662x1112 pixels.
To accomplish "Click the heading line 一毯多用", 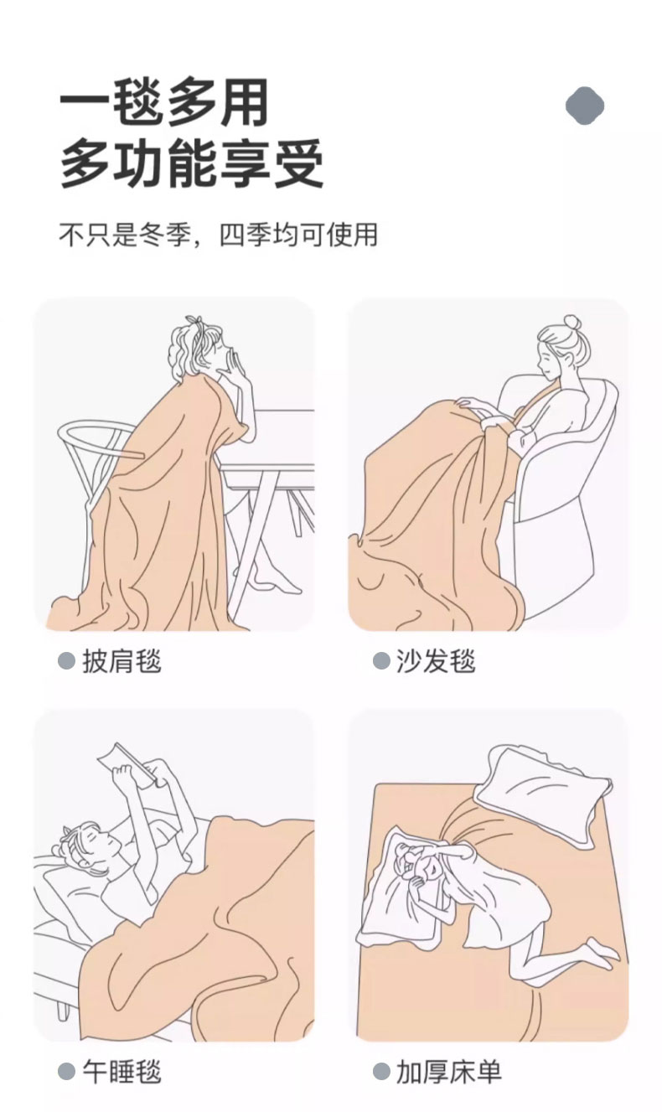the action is pyautogui.click(x=163, y=104).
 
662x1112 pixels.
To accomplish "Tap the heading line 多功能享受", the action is pyautogui.click(x=192, y=163).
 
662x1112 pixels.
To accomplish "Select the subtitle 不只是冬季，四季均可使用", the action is pyautogui.click(x=219, y=235).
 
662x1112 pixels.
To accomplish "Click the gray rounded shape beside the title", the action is pyautogui.click(x=585, y=106).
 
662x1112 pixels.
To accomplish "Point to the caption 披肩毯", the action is pyautogui.click(x=122, y=661).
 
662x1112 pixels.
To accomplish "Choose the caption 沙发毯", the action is pyautogui.click(x=436, y=661).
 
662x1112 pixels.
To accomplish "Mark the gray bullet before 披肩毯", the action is pyautogui.click(x=66, y=661).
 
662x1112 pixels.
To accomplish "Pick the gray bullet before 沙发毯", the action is pyautogui.click(x=381, y=661).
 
